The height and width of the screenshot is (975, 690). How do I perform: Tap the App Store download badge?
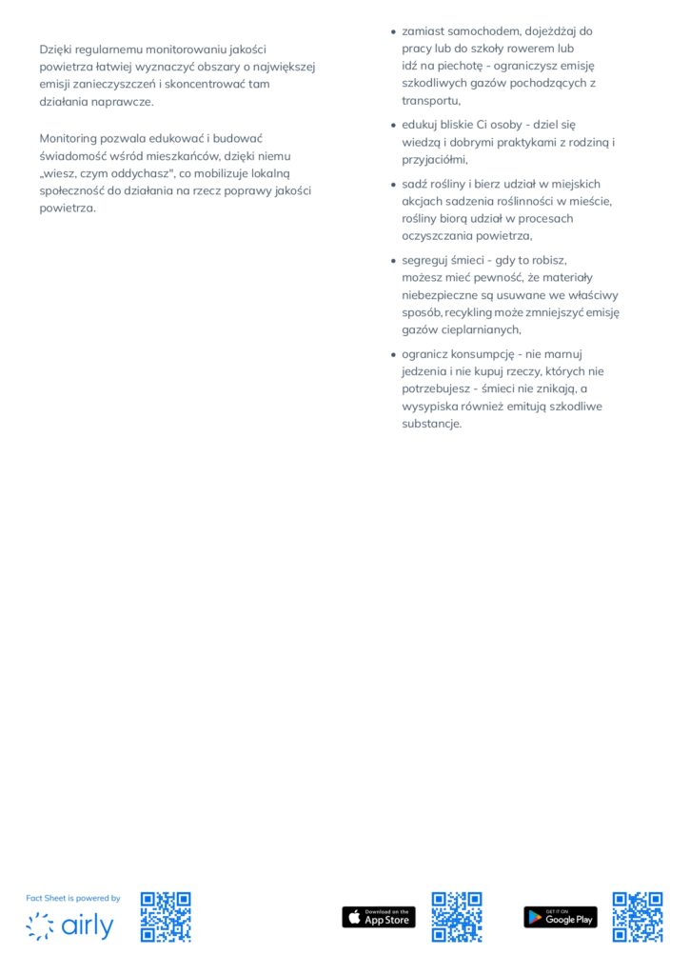click(379, 917)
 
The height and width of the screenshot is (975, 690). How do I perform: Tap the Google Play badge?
click(561, 917)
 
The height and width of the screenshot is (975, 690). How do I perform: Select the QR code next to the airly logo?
click(166, 917)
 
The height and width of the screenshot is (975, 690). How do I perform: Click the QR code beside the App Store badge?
click(457, 917)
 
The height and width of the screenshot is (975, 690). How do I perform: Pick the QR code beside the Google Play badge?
click(638, 917)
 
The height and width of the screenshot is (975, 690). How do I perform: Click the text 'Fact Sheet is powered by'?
click(73, 898)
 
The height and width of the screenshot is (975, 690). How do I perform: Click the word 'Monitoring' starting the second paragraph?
click(71, 138)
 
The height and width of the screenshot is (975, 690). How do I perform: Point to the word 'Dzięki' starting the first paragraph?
click(56, 49)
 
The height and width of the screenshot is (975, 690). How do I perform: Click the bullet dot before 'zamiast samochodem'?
click(393, 31)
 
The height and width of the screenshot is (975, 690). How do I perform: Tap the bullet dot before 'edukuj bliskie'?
click(393, 125)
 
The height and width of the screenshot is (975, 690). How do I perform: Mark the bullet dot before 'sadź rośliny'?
click(393, 184)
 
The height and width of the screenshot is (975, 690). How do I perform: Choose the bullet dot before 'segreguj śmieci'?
click(393, 260)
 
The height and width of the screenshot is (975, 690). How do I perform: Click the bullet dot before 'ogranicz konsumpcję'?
click(393, 353)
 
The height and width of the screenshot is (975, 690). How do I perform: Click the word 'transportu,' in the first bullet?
click(431, 101)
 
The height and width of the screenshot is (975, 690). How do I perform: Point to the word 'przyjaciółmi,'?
click(435, 160)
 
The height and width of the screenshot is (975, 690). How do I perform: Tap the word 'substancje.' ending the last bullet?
click(431, 424)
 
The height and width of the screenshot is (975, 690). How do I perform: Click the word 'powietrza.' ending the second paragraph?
click(68, 209)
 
